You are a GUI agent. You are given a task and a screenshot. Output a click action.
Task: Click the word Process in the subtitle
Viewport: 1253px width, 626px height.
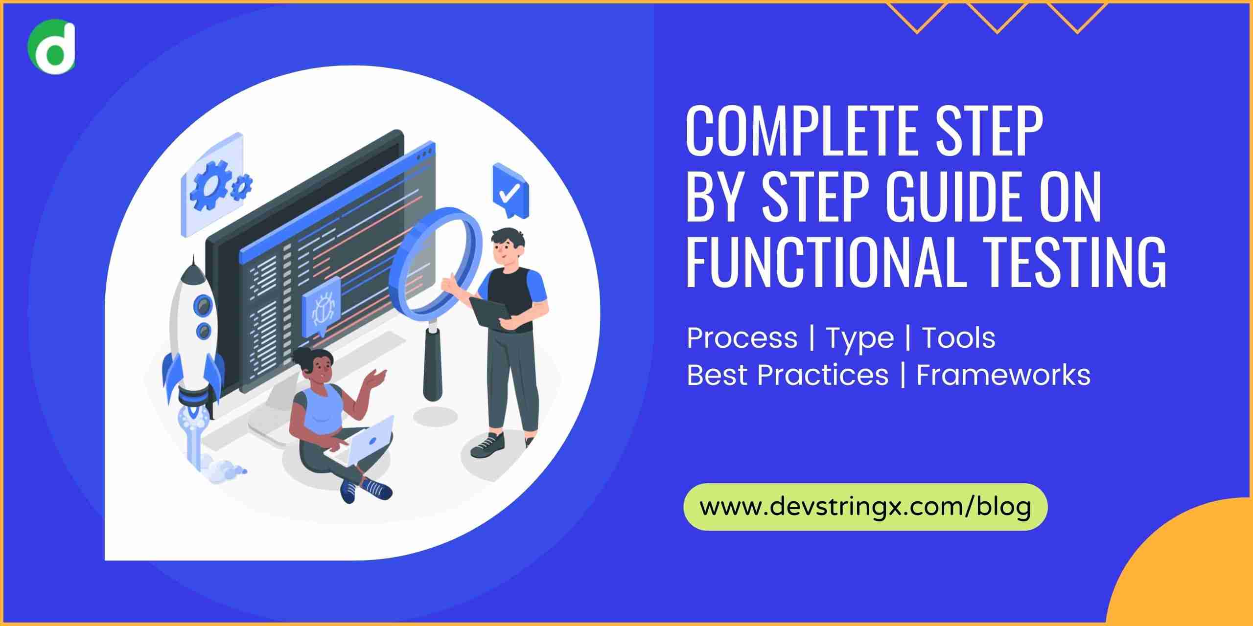pyautogui.click(x=742, y=338)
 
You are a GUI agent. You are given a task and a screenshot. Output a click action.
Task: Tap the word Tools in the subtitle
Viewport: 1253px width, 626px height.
pyautogui.click(x=959, y=338)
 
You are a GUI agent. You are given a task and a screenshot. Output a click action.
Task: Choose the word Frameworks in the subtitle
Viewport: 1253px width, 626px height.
pyautogui.click(x=1003, y=375)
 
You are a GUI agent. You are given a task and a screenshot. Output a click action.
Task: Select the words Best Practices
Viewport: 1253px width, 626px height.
pyautogui.click(x=788, y=375)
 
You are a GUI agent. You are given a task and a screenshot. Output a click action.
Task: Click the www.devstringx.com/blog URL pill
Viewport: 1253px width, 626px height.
pyautogui.click(x=865, y=507)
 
